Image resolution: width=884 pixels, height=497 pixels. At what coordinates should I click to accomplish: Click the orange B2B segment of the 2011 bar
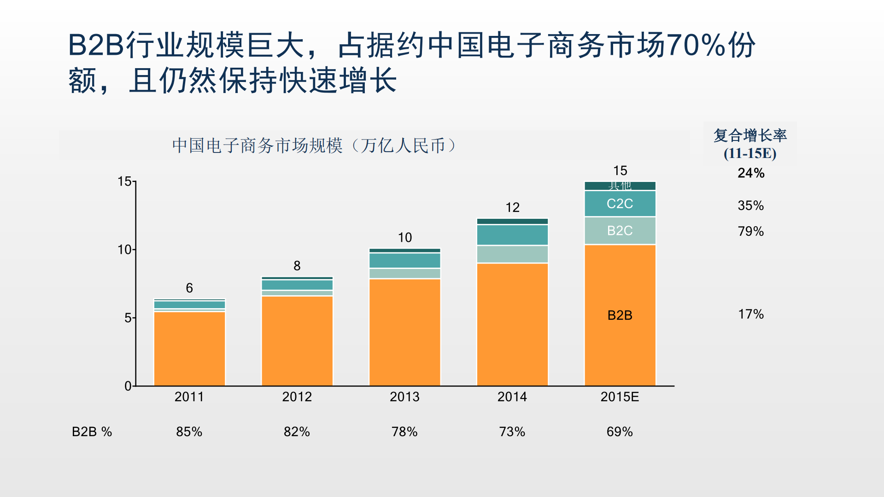point(189,348)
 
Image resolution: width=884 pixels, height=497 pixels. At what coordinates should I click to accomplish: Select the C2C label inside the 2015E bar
point(620,204)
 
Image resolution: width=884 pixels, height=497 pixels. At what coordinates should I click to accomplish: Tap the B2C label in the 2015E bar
point(620,230)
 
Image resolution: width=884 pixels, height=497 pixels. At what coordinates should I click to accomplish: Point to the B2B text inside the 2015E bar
point(620,316)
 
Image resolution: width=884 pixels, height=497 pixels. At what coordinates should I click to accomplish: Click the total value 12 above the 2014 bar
point(512,208)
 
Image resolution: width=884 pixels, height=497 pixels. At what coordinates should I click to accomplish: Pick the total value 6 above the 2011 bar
point(189,288)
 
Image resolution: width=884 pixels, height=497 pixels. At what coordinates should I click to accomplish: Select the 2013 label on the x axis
point(404,397)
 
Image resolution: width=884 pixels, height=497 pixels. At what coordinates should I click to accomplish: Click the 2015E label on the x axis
point(620,397)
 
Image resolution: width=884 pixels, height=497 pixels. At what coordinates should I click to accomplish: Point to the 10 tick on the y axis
point(124,250)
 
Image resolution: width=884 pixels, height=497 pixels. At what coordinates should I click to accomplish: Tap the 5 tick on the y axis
point(128,318)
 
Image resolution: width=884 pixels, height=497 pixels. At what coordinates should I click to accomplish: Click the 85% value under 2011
point(189,432)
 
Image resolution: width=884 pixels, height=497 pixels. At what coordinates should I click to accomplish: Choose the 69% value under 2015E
point(620,432)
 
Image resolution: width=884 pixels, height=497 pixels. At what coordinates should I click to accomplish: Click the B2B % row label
point(92,432)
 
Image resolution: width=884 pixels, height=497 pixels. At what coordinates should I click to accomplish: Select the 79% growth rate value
point(751,231)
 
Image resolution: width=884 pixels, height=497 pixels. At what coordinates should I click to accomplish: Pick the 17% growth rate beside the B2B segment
point(751,314)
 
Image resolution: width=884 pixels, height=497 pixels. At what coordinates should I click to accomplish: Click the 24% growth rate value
point(751,173)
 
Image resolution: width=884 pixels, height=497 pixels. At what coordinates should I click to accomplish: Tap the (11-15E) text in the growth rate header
point(750,153)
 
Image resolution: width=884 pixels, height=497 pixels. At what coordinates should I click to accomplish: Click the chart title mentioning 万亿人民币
point(314,146)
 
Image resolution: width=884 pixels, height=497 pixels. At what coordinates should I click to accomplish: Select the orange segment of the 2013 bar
point(404,332)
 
